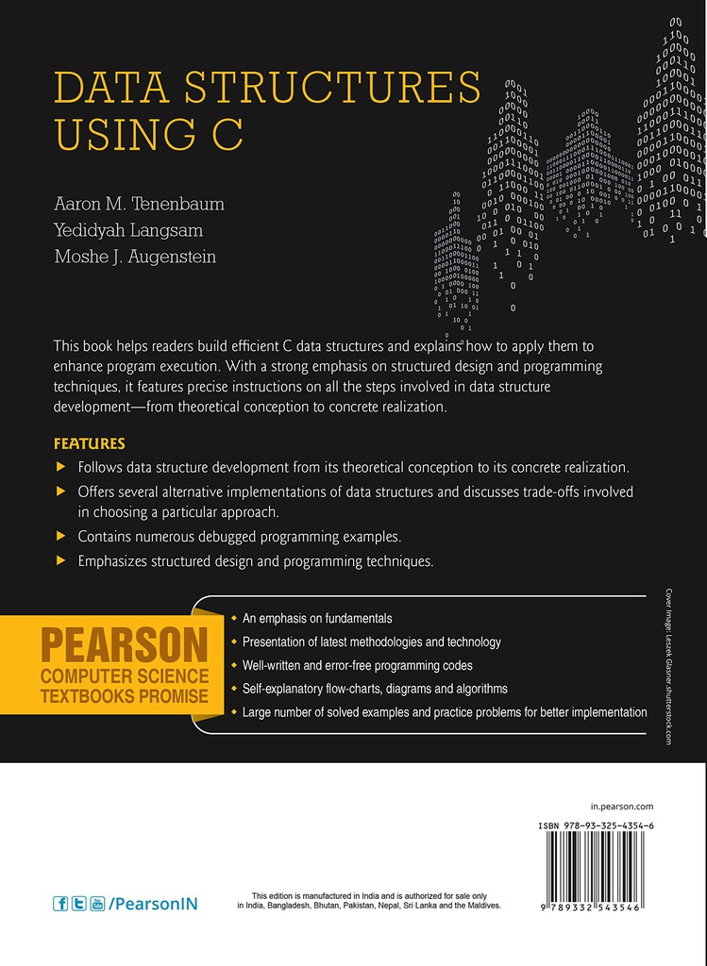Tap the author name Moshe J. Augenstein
[135, 257]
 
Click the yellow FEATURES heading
[90, 443]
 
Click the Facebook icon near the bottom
[61, 903]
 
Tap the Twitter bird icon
[79, 903]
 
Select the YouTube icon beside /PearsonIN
[97, 903]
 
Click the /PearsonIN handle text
[153, 903]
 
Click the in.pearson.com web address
[621, 807]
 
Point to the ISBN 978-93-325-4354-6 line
[597, 825]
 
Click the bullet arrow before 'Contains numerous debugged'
[61, 536]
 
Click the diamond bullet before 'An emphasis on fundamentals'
[234, 619]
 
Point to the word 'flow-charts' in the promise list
[355, 689]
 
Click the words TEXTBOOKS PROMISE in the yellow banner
[123, 697]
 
